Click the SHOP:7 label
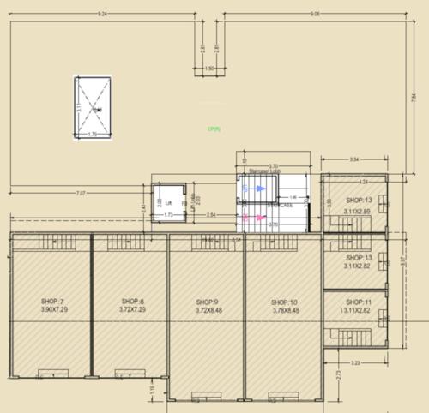[52, 302]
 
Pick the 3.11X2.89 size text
[357, 210]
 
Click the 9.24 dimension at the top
[103, 15]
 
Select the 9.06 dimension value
[315, 15]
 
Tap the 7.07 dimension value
[81, 193]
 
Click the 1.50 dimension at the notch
[209, 69]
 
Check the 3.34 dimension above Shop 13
[353, 159]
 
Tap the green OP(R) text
[214, 129]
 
